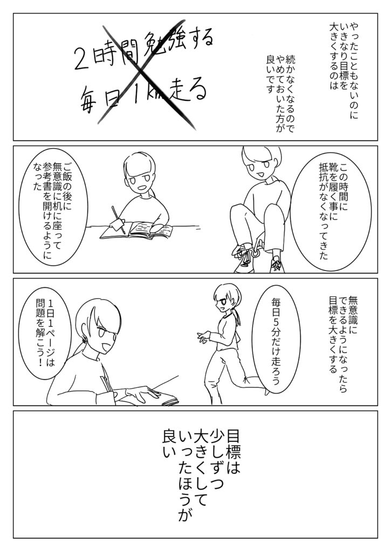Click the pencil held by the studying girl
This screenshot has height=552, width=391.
click(x=118, y=220)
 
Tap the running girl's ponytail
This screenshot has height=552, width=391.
click(x=238, y=315)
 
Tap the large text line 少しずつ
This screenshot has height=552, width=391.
click(x=216, y=458)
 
